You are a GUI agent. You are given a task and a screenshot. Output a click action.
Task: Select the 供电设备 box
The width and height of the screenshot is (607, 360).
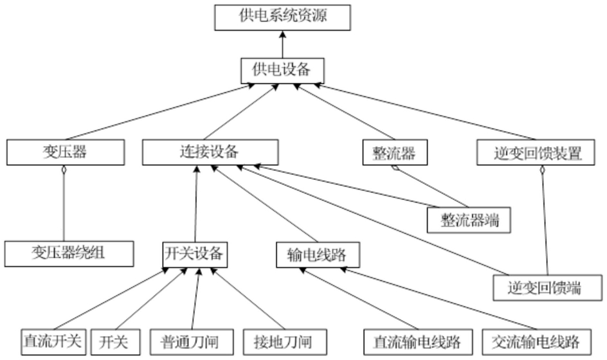(x=280, y=69)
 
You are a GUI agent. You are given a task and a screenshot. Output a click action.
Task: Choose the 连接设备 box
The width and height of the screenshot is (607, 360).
(x=210, y=153)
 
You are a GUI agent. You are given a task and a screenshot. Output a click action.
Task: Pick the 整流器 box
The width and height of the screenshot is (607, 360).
(x=394, y=154)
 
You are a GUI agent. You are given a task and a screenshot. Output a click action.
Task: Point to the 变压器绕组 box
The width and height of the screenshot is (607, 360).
(x=69, y=253)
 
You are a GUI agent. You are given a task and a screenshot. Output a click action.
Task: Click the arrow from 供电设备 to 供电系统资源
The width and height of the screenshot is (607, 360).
(x=281, y=43)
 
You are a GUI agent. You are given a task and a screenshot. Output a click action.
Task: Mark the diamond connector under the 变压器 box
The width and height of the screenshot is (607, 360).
(x=64, y=170)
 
